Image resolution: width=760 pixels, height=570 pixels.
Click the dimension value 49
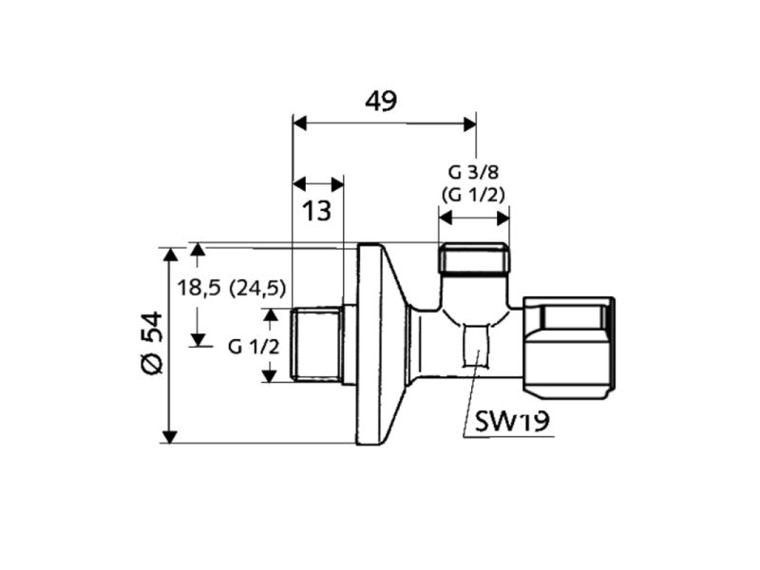point(382,100)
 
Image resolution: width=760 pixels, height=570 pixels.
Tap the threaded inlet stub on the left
point(318,346)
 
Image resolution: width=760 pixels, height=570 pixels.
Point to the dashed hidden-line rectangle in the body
point(476,346)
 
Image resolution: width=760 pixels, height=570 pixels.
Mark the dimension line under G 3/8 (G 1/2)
point(473,218)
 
